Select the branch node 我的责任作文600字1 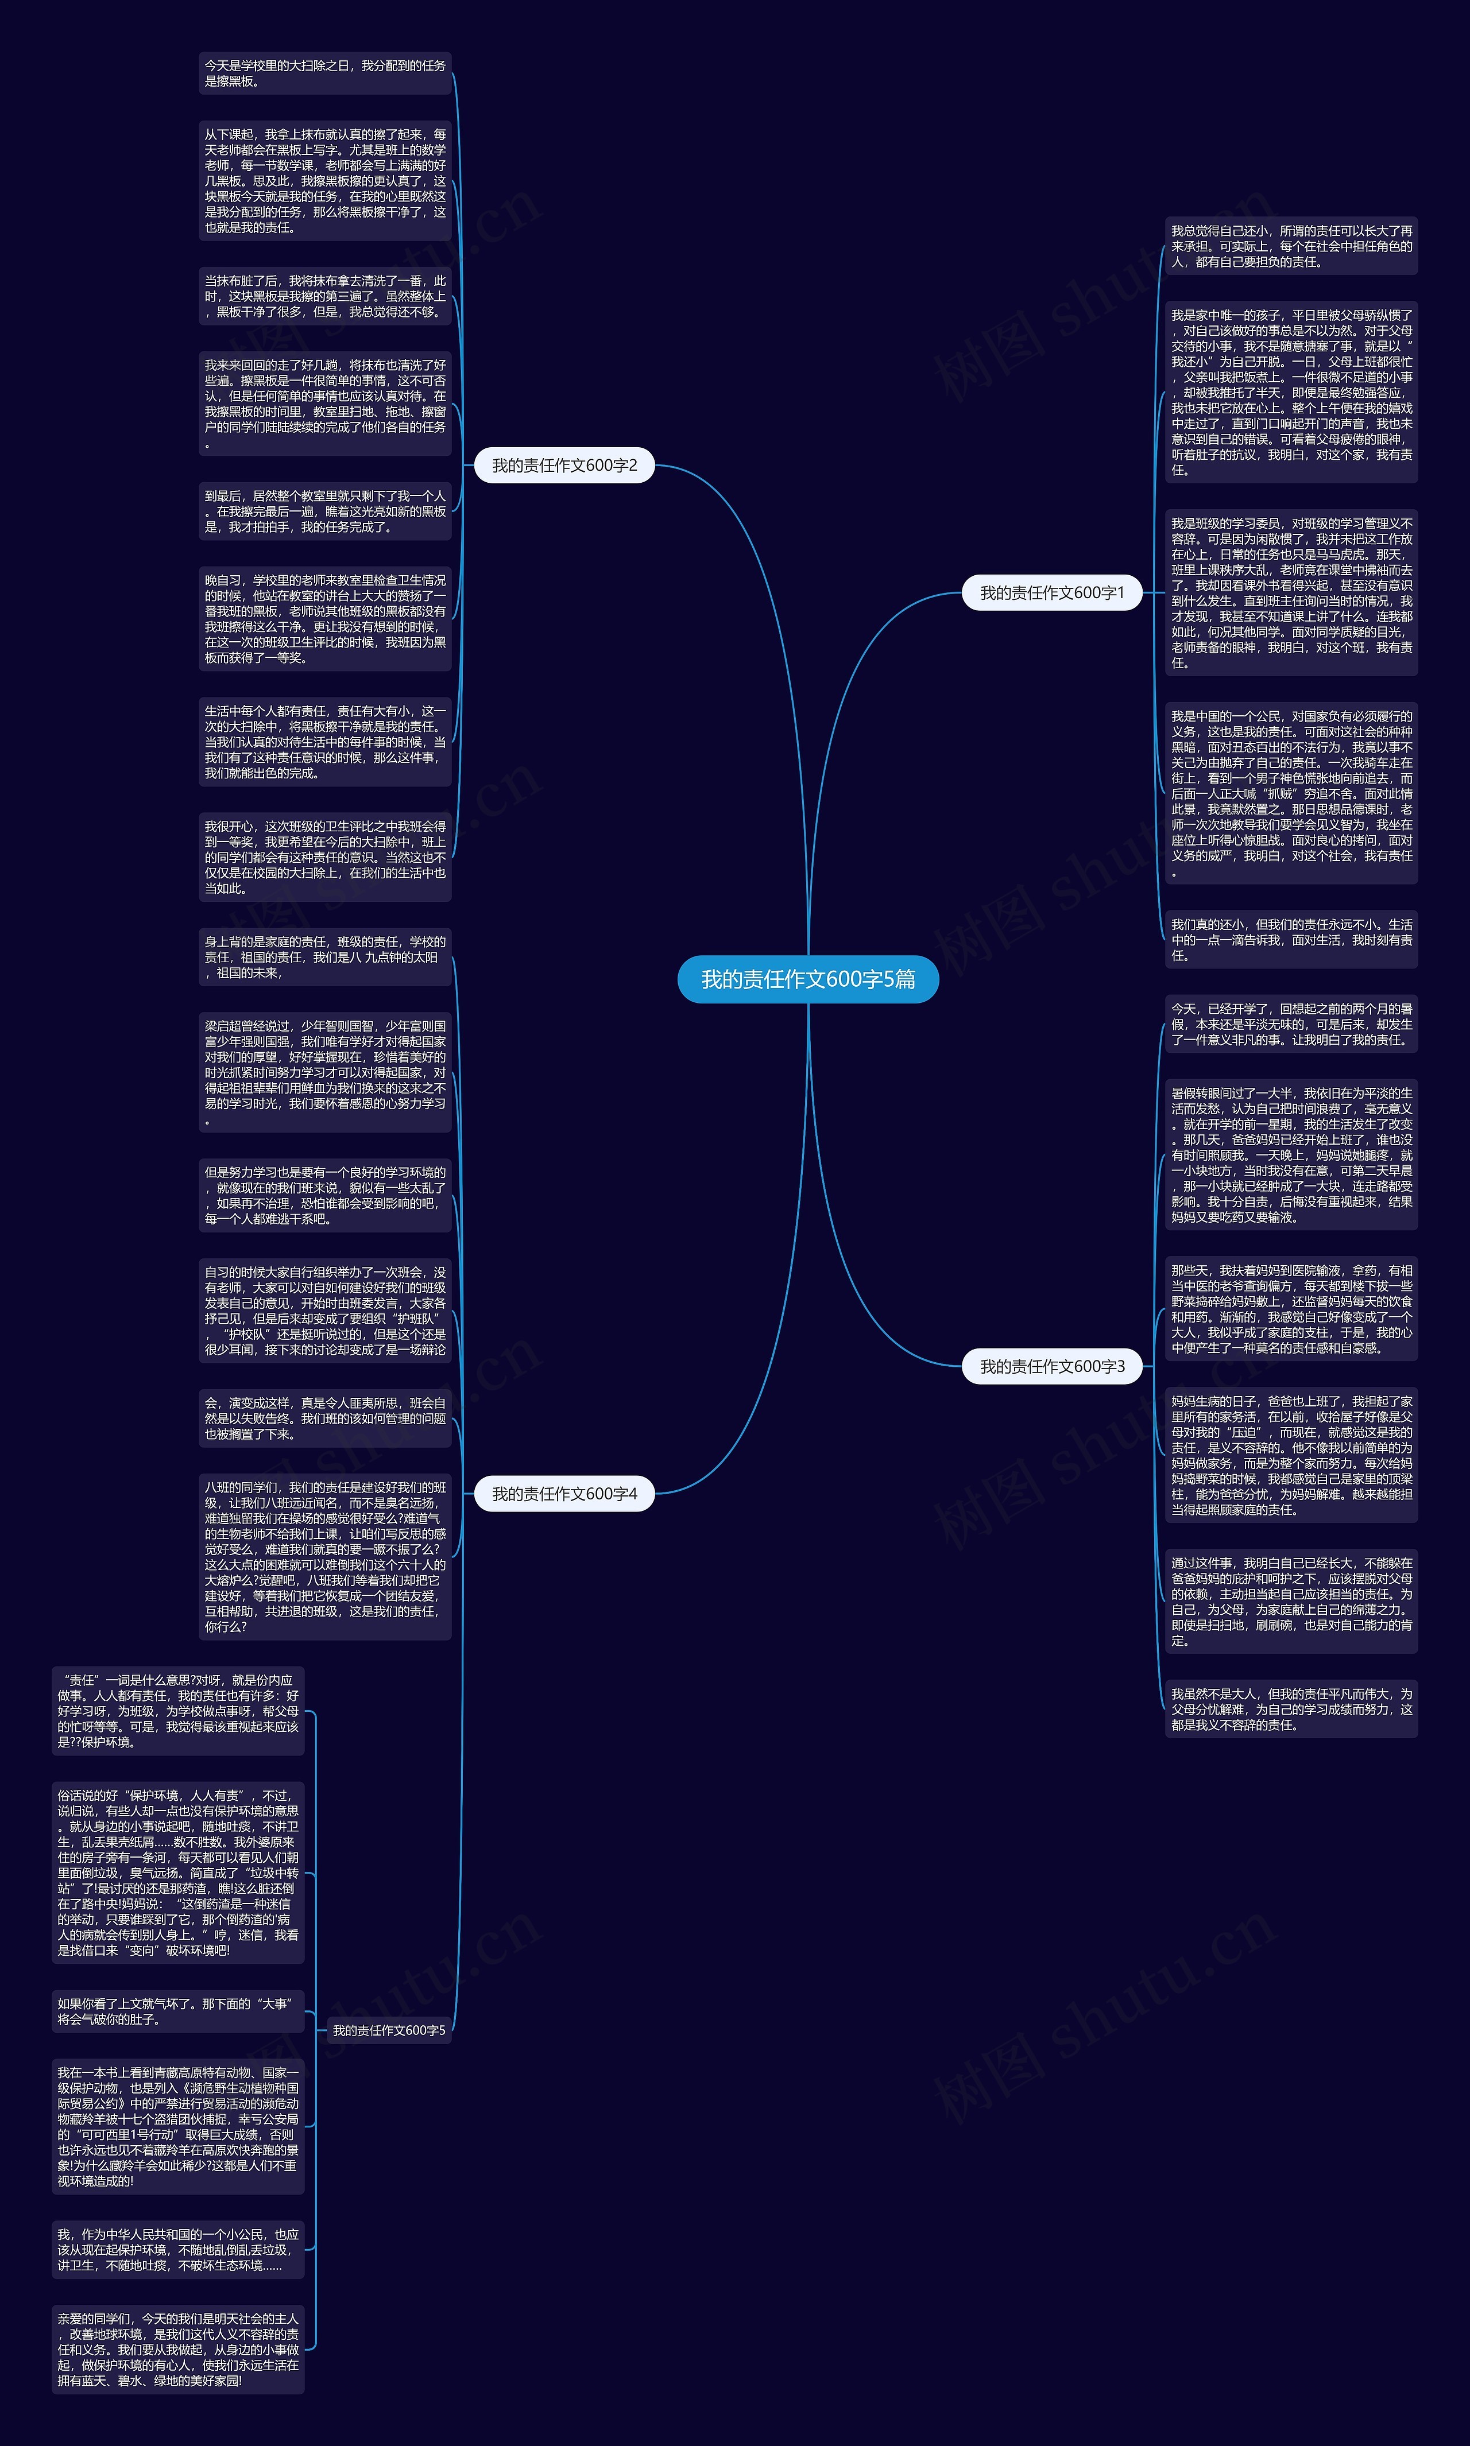1052,593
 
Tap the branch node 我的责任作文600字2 564,466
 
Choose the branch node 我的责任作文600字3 1052,1367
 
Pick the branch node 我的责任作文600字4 564,1493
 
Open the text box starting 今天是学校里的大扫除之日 325,73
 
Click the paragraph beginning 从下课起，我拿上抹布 325,181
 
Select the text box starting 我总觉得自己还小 1291,247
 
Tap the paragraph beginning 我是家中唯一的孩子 1291,392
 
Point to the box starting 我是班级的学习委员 1291,593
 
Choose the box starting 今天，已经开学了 1291,1024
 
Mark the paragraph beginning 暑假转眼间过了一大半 1291,1154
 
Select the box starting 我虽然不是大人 1291,1710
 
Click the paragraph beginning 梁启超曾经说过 325,1072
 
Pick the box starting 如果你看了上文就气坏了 179,2011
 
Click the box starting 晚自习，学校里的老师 325,619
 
